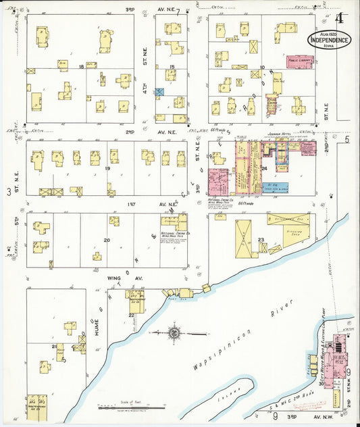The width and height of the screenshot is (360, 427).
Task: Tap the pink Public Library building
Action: click(300, 60)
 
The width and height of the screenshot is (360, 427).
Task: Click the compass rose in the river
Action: click(174, 332)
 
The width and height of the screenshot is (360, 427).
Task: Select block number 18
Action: click(81, 66)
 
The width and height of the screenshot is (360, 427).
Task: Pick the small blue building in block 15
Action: click(160, 92)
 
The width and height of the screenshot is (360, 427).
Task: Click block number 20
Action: click(107, 240)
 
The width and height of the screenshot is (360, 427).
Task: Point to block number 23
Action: click(260, 239)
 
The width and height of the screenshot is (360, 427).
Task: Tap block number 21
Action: click(53, 346)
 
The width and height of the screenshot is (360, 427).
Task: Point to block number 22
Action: click(131, 316)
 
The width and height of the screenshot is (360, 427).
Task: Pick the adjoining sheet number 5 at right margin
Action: click(347, 139)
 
